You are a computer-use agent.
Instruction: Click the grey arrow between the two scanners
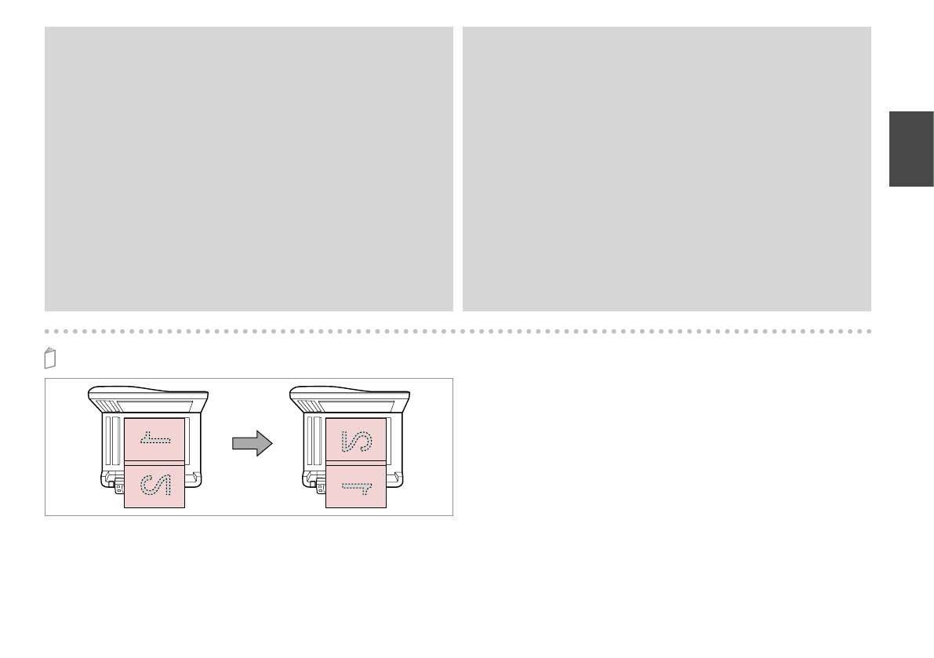click(252, 445)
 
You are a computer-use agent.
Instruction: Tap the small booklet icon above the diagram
click(50, 358)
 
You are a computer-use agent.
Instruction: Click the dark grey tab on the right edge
click(911, 149)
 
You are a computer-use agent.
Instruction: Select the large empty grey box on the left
click(249, 169)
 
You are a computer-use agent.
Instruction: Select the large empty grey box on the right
click(667, 169)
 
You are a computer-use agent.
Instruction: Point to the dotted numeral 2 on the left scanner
click(154, 485)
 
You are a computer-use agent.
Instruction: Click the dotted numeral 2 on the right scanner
click(356, 440)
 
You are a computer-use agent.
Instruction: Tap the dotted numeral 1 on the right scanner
click(356, 487)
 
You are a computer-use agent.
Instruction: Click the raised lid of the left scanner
click(149, 397)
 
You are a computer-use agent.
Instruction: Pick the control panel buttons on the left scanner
click(119, 489)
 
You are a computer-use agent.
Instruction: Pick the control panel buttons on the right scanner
click(321, 489)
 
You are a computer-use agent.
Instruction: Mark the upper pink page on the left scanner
click(154, 439)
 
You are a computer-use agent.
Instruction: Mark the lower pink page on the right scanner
click(356, 485)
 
